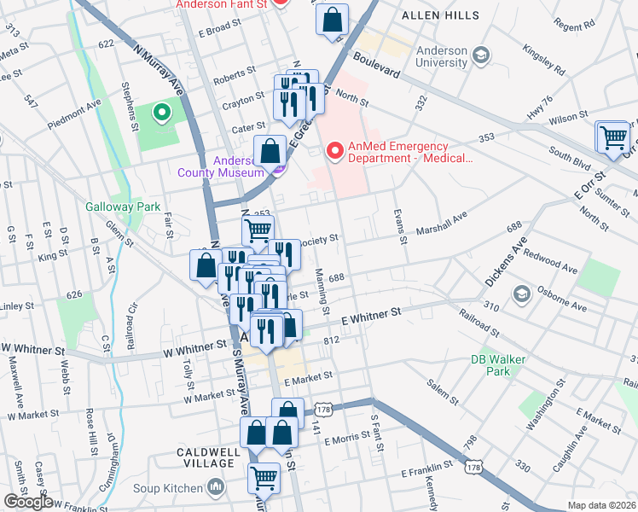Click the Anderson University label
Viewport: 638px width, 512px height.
442,56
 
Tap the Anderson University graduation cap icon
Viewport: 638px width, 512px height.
481,55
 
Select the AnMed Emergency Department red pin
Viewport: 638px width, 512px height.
335,151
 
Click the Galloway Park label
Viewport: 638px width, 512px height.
111,207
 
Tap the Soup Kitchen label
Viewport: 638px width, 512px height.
167,488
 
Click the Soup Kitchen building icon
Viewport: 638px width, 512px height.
216,487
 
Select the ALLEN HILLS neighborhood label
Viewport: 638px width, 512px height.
442,16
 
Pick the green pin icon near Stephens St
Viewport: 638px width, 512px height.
159,112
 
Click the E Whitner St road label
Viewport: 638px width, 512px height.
371,315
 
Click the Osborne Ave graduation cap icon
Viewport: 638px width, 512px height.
520,294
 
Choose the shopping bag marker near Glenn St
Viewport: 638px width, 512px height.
206,265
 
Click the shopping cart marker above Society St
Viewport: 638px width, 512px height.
258,229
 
